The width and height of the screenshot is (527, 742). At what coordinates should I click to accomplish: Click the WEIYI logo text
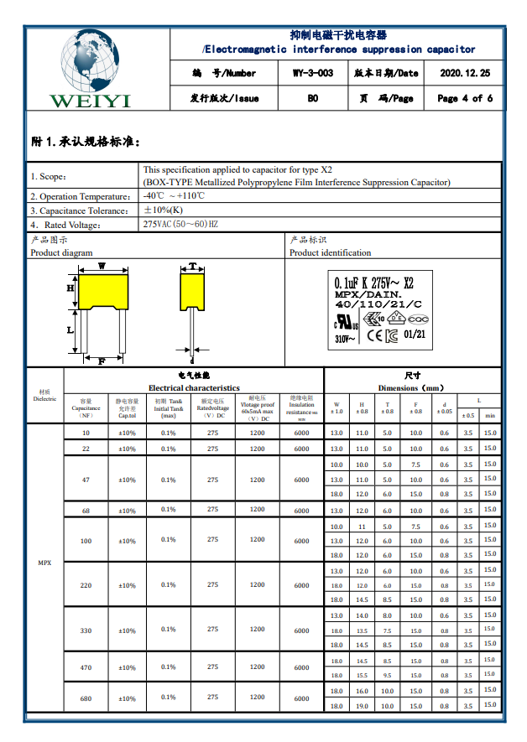91,101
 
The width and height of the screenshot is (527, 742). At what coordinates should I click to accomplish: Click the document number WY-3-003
312,74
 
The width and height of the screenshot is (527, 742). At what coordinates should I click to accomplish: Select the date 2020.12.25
465,74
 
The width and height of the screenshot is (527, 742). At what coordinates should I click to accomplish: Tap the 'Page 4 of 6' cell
465,98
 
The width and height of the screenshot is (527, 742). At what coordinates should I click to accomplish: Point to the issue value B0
312,98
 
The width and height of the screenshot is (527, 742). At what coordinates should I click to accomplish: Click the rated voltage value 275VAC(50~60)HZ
180,225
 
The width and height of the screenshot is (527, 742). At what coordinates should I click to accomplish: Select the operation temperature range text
175,196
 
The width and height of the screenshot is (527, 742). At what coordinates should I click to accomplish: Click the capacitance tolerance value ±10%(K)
164,210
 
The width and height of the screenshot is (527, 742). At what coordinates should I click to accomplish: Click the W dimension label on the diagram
102,266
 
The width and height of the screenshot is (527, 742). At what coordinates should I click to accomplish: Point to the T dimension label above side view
192,266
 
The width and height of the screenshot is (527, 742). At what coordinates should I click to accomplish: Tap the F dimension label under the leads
102,361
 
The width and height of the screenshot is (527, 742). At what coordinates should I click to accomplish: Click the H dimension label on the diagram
70,288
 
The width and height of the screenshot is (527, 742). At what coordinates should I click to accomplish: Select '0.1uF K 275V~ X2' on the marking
373,283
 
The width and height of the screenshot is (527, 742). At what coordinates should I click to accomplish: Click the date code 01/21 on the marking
415,333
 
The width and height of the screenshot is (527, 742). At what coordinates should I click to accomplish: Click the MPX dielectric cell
44,562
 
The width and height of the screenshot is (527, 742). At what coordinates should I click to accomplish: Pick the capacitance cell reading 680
86,698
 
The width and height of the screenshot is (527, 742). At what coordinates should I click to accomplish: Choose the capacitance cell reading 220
86,585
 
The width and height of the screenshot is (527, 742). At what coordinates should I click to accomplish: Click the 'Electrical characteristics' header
194,388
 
